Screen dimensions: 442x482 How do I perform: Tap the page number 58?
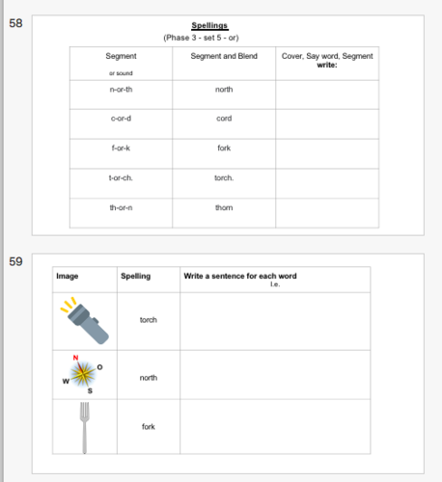pyautogui.click(x=15, y=21)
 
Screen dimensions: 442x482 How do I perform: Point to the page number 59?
pyautogui.click(x=15, y=260)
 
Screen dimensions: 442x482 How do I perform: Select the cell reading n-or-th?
pyautogui.click(x=121, y=89)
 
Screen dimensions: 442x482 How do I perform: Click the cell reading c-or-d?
pyautogui.click(x=121, y=119)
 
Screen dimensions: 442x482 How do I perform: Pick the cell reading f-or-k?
pyautogui.click(x=121, y=148)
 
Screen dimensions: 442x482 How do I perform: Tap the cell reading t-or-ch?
pyautogui.click(x=121, y=178)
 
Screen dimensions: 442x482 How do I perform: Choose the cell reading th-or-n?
pyautogui.click(x=121, y=208)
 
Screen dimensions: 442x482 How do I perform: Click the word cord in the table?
pyautogui.click(x=224, y=119)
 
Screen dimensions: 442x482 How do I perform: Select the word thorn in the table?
pyautogui.click(x=224, y=208)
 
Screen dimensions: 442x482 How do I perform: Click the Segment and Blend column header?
pyautogui.click(x=224, y=56)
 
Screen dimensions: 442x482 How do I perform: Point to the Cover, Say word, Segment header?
pyautogui.click(x=326, y=57)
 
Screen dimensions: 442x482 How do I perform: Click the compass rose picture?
pyautogui.click(x=84, y=375)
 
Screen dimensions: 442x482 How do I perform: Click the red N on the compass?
pyautogui.click(x=76, y=359)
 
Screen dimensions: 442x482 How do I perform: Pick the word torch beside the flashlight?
pyautogui.click(x=148, y=320)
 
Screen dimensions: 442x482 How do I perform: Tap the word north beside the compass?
pyautogui.click(x=148, y=378)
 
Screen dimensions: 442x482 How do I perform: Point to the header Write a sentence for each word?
pyautogui.click(x=239, y=277)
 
